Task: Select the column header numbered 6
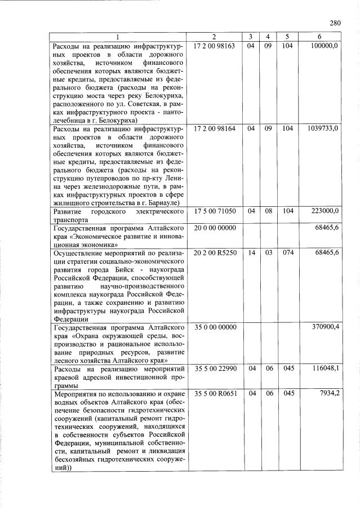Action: [x=319, y=37]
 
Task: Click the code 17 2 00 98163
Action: [x=214, y=45]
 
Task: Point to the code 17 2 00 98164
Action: [x=214, y=128]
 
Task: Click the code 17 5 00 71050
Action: [x=214, y=211]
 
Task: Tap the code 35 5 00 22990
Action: [x=214, y=368]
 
